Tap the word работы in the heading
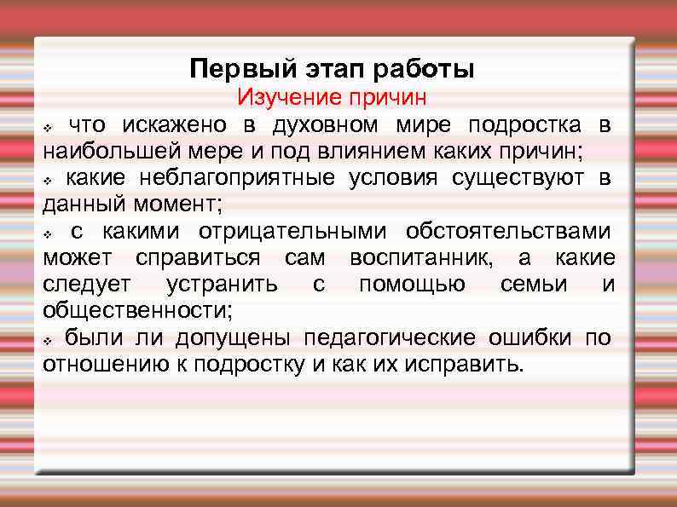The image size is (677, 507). [430, 68]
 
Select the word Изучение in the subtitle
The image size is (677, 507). [286, 97]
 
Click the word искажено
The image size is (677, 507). [174, 125]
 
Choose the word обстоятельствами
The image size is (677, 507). [508, 231]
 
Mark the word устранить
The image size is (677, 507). [222, 284]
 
